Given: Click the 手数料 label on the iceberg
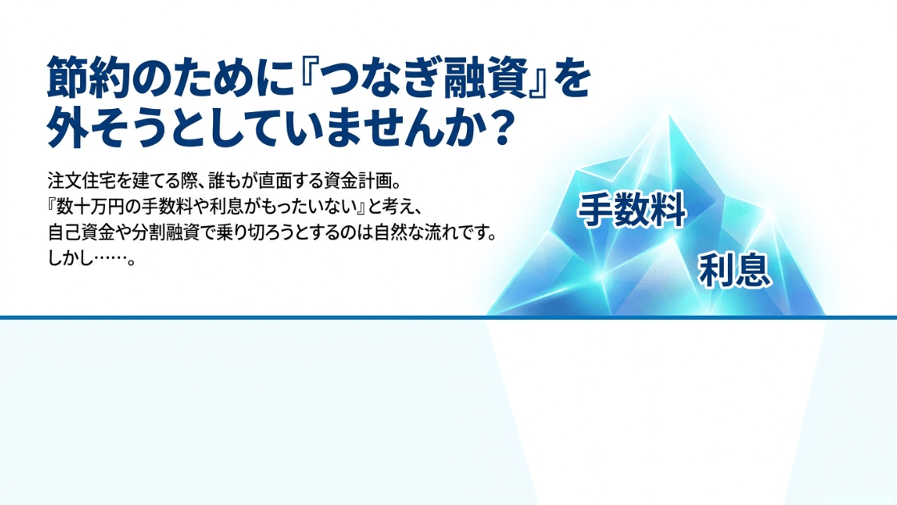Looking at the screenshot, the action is [x=632, y=210].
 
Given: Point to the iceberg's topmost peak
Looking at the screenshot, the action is [x=669, y=115].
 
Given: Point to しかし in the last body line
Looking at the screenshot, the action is [x=70, y=259].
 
